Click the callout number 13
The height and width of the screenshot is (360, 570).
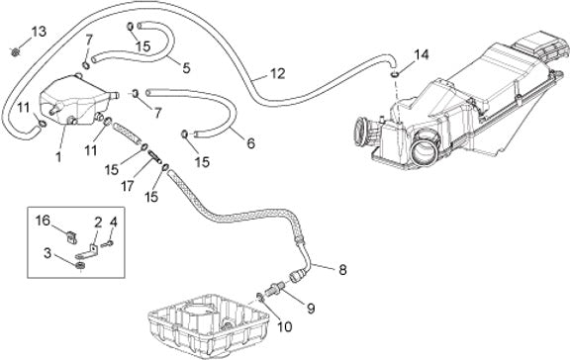(x=39, y=32)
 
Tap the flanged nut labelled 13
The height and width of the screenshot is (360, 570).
(x=15, y=52)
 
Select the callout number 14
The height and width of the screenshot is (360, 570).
(x=422, y=54)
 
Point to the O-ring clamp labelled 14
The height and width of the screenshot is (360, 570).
(x=395, y=74)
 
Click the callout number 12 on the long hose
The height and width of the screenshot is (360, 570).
(x=278, y=74)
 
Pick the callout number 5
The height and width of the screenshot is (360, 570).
(x=186, y=68)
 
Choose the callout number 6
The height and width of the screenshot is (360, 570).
(x=250, y=143)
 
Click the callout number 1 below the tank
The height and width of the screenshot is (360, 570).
(x=58, y=157)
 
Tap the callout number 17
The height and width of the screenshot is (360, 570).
(x=128, y=187)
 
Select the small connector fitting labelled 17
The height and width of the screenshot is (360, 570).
(x=154, y=158)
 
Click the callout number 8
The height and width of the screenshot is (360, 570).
(x=342, y=270)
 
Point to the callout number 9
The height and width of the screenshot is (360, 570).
(x=311, y=309)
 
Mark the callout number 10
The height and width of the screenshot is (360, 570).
(x=285, y=326)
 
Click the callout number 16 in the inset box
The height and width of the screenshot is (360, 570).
(x=43, y=221)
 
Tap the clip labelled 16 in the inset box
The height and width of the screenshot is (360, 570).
(x=72, y=237)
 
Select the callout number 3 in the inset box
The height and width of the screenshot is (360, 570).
(x=47, y=253)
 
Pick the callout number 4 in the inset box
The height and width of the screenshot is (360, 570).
(x=114, y=222)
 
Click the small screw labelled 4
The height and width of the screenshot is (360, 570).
(x=108, y=244)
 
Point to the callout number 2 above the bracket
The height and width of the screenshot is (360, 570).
(x=98, y=224)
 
